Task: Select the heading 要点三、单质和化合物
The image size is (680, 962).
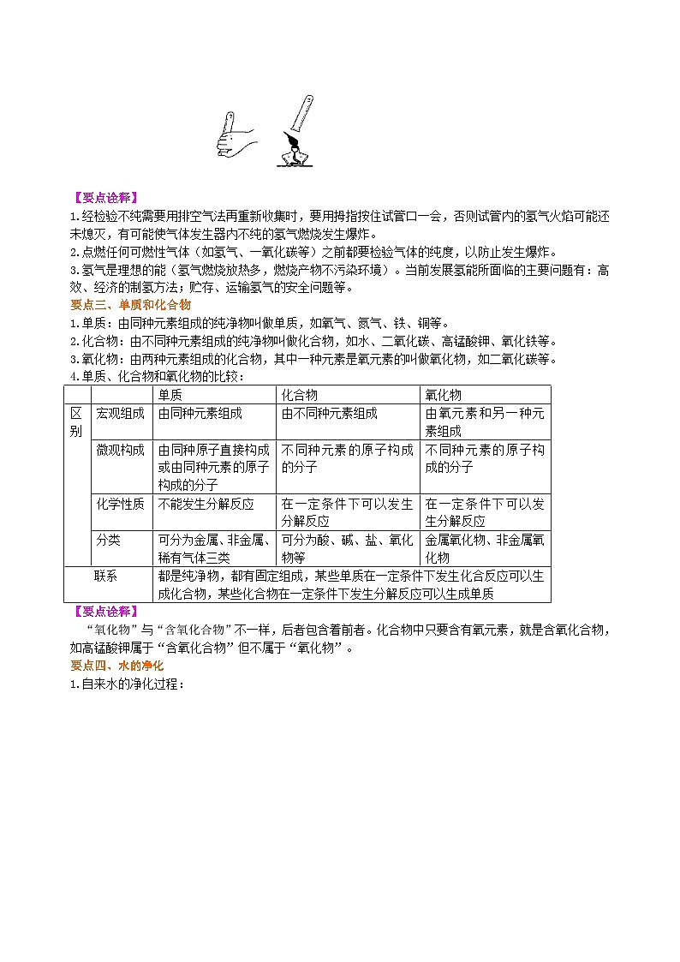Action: click(x=129, y=304)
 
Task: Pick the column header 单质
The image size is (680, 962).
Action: click(x=170, y=394)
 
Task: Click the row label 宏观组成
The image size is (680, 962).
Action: click(x=121, y=413)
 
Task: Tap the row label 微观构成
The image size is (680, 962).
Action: click(x=121, y=450)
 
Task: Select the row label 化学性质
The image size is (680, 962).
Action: click(x=121, y=504)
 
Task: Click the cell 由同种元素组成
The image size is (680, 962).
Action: click(x=200, y=413)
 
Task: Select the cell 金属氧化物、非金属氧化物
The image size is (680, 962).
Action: click(x=485, y=548)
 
